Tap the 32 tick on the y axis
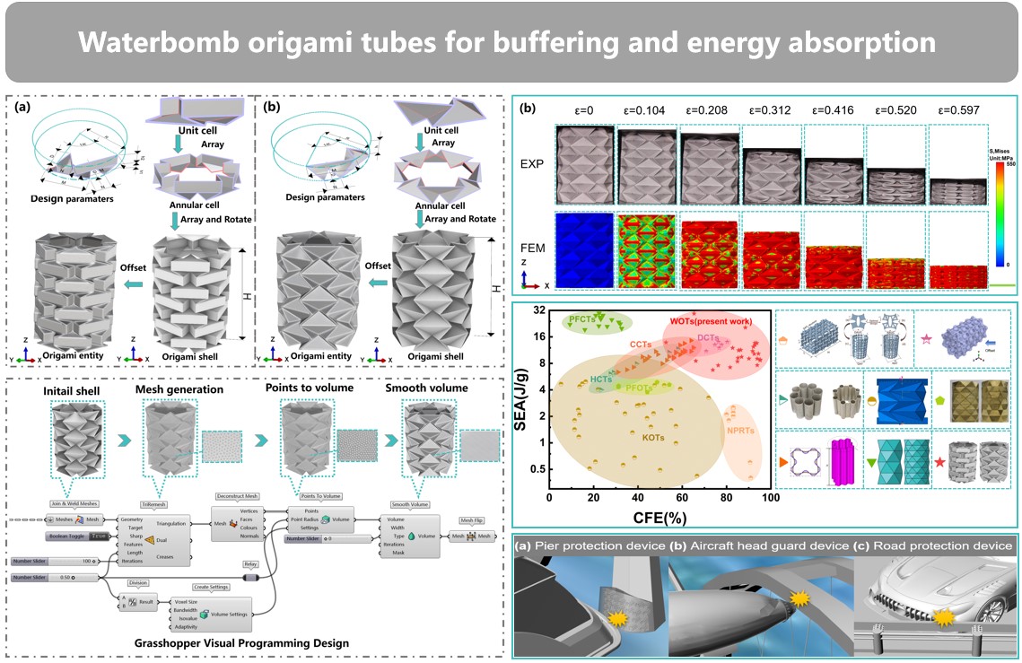pos(537,310)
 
